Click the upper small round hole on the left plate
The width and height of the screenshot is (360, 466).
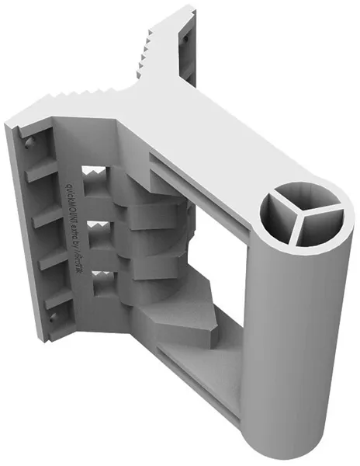tap(29, 143)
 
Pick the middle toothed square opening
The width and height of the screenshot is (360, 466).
tap(99, 228)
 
